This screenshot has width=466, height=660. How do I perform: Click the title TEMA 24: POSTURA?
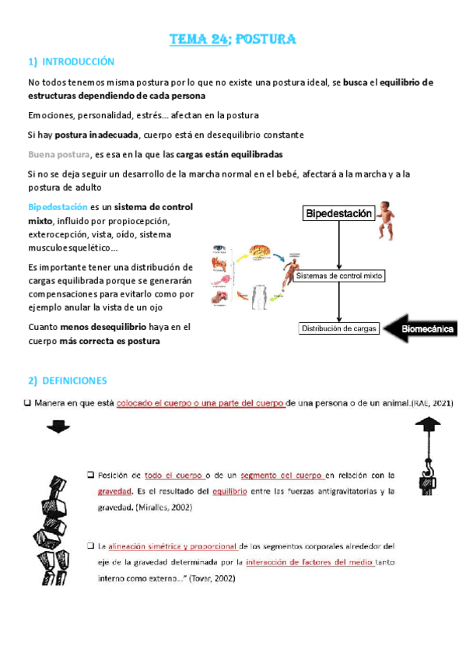coord(233,40)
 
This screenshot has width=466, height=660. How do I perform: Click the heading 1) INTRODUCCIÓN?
coord(72,61)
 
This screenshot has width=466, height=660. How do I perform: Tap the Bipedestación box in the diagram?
coord(338,213)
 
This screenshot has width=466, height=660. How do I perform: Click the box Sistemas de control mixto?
coord(341,276)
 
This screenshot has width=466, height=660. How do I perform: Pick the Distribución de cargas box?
coord(339,328)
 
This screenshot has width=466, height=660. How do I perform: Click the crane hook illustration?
coord(426,455)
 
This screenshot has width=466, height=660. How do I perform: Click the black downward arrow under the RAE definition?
coord(57,427)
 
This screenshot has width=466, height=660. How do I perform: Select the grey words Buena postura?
coord(58,154)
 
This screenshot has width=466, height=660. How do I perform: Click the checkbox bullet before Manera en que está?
coord(28,402)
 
